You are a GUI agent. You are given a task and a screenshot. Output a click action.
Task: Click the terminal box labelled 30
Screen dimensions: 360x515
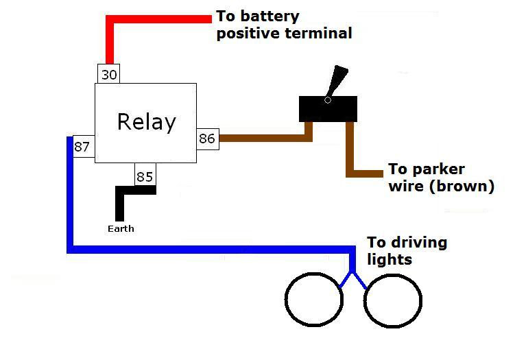click(109, 74)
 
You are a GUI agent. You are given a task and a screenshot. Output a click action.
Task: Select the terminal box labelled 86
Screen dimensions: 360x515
click(207, 139)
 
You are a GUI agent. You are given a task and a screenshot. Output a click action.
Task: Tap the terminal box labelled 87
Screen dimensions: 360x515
click(83, 147)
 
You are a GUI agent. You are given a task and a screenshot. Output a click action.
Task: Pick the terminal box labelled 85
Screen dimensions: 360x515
click(145, 176)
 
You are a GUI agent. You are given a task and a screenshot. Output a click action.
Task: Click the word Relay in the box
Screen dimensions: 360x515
click(146, 122)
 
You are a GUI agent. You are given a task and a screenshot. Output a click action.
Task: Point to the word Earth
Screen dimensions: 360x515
click(121, 228)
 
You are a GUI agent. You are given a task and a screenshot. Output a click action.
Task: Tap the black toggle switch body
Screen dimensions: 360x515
click(328, 109)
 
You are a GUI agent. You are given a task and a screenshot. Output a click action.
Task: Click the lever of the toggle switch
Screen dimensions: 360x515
click(338, 80)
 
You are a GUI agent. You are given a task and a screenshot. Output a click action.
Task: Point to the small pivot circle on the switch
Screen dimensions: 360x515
click(327, 101)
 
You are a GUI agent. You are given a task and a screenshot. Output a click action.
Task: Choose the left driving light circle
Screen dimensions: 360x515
click(314, 300)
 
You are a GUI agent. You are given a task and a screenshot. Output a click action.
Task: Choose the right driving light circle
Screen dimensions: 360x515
click(392, 300)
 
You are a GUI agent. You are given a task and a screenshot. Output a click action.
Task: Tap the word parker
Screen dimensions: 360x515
click(436, 169)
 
